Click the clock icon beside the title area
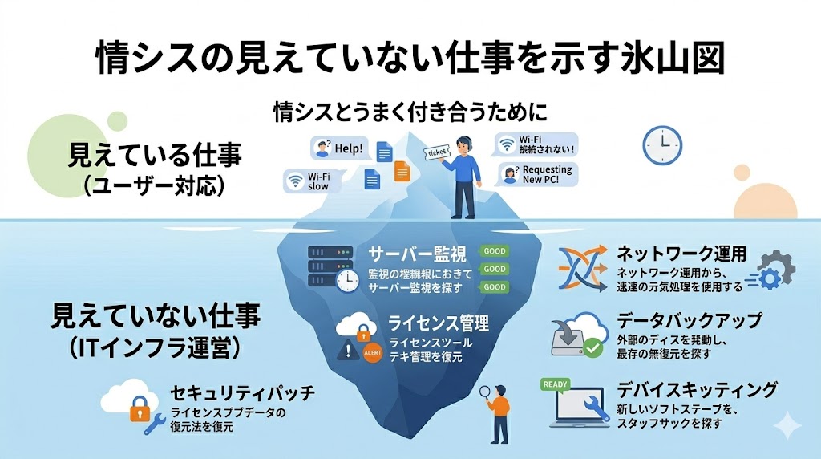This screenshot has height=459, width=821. [662, 145]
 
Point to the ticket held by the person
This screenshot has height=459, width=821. [436, 152]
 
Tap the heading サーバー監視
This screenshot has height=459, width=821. [416, 255]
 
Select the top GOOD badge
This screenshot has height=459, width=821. [494, 251]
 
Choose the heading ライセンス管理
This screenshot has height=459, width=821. [438, 323]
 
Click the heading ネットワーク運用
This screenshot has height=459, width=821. [681, 254]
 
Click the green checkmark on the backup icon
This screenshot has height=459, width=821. [592, 347]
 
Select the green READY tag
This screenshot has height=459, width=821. [556, 384]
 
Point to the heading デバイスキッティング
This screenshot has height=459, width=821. [696, 390]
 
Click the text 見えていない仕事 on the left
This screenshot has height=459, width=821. [156, 315]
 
